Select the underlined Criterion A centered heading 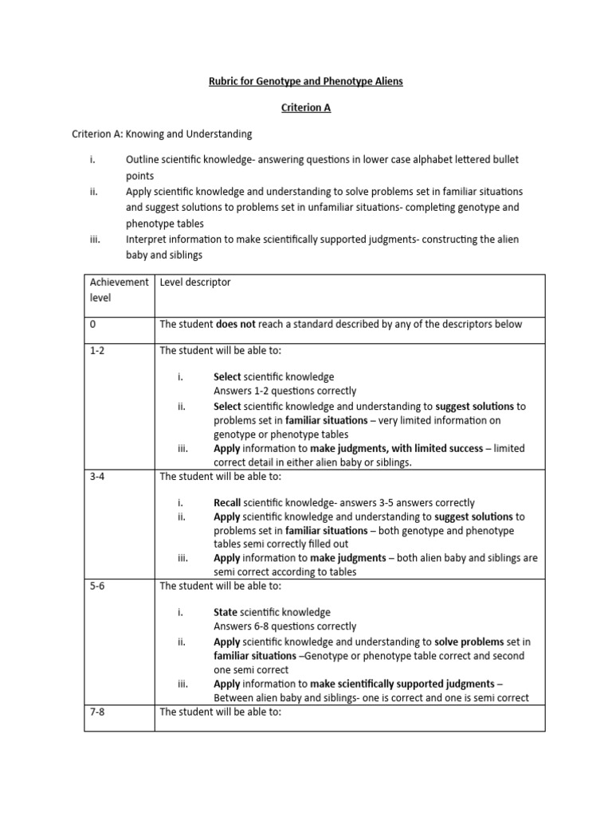click(x=304, y=107)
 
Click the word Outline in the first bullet click(x=143, y=159)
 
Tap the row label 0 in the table click(x=93, y=324)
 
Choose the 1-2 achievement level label click(x=97, y=350)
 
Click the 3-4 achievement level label click(x=97, y=477)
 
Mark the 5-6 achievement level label click(x=97, y=586)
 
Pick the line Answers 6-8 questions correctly click(x=284, y=626)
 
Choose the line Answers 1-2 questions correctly click(x=284, y=391)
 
